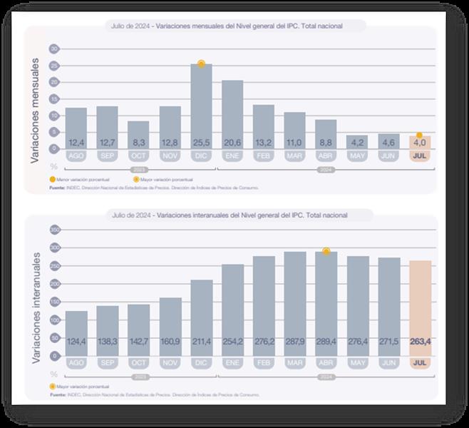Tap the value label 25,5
201,143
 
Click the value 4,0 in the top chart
420,143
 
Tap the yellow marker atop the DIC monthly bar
201,64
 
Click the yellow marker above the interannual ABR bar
326,251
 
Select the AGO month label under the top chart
76,156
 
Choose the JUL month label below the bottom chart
420,363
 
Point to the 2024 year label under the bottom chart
326,375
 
